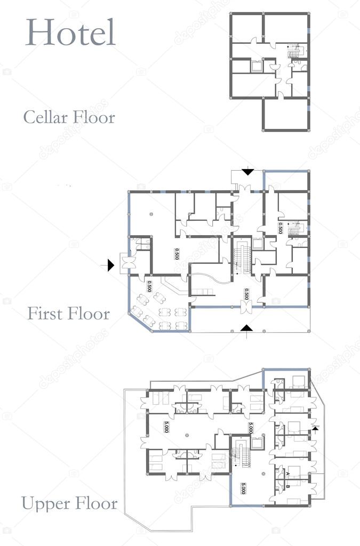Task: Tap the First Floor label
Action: (x=69, y=313)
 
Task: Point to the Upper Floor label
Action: (x=69, y=503)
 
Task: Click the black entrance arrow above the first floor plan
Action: (x=248, y=172)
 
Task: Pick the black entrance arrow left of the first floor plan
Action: (x=110, y=264)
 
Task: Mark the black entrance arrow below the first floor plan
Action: (x=246, y=327)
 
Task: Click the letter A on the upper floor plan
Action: (x=287, y=473)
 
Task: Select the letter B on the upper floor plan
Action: (x=288, y=486)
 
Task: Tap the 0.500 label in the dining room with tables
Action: (x=150, y=286)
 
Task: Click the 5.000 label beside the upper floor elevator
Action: (x=250, y=428)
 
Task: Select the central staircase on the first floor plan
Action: (x=242, y=256)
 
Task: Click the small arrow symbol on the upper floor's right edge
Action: (x=316, y=428)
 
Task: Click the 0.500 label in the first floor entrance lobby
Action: (x=246, y=294)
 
